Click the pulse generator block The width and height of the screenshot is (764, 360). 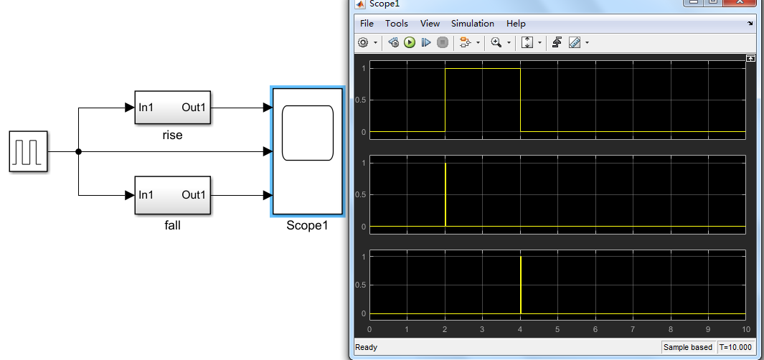[x=29, y=151]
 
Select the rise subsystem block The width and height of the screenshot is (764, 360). [x=172, y=108]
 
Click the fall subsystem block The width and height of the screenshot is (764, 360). [x=172, y=195]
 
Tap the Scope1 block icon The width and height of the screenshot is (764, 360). [x=308, y=151]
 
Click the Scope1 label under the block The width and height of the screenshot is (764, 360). [x=307, y=225]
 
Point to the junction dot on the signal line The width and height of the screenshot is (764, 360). [x=78, y=151]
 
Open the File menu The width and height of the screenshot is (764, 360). [x=367, y=24]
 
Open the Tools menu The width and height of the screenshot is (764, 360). [x=397, y=24]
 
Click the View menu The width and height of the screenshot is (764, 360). [x=430, y=24]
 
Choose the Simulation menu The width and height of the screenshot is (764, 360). [x=473, y=24]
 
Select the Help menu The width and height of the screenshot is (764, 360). [x=516, y=24]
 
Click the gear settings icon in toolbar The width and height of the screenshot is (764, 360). [x=363, y=43]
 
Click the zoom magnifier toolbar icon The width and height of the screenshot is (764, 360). [x=496, y=43]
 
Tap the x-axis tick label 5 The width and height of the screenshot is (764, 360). [x=557, y=330]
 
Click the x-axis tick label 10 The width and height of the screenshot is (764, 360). [x=745, y=330]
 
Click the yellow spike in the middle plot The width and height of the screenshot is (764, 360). [x=445, y=195]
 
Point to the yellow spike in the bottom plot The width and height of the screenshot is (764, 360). [x=520, y=285]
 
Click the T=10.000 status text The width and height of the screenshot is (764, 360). [x=735, y=348]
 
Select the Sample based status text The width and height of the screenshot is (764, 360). [x=688, y=348]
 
